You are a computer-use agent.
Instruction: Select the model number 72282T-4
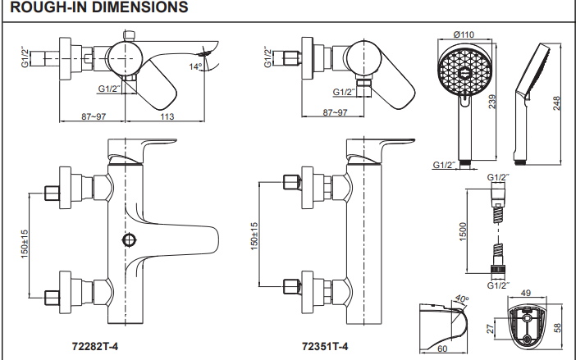pos(96,346)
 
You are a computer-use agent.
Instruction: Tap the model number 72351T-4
pos(326,346)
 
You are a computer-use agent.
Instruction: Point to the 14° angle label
pos(196,66)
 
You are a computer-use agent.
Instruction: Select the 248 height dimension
pos(558,103)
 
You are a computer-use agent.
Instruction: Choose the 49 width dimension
pos(527,292)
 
